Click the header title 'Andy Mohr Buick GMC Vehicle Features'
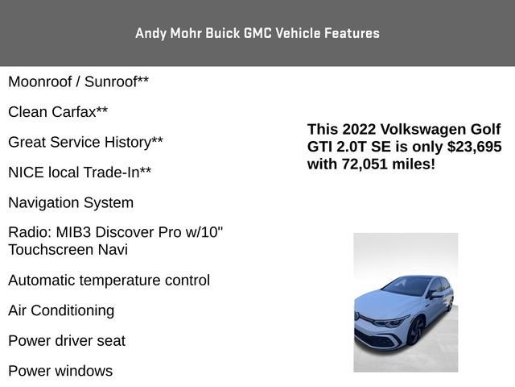(x=257, y=33)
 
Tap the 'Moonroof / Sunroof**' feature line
(x=78, y=81)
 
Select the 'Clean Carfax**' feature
(x=58, y=111)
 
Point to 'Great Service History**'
(x=85, y=142)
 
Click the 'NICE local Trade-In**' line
(x=80, y=172)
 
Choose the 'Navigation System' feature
(x=71, y=202)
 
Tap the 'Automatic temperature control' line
(x=109, y=280)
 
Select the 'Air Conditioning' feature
(x=61, y=310)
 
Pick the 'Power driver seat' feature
(x=67, y=340)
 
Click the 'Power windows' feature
(x=60, y=371)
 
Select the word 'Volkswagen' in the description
(x=420, y=130)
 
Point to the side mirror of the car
(x=436, y=295)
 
